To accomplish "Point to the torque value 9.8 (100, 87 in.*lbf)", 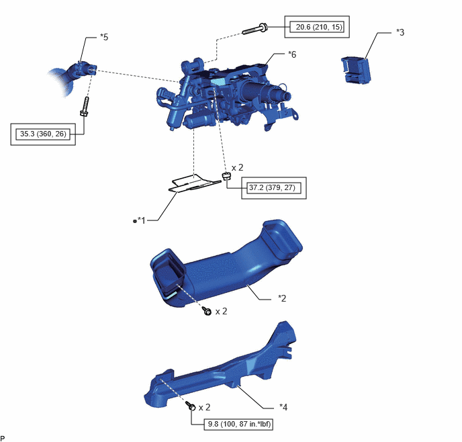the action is pos(239,424).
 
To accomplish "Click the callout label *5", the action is pos(104,37).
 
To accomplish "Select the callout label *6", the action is pos(292,54).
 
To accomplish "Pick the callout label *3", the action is pos(400,32).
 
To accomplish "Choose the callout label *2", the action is pos(282,298).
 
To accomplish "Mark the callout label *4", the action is pos(283,407).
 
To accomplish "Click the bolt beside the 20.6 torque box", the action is pos(255,29).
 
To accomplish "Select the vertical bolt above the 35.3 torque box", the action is pos(85,106).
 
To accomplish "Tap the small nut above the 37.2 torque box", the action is pos(226,176).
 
